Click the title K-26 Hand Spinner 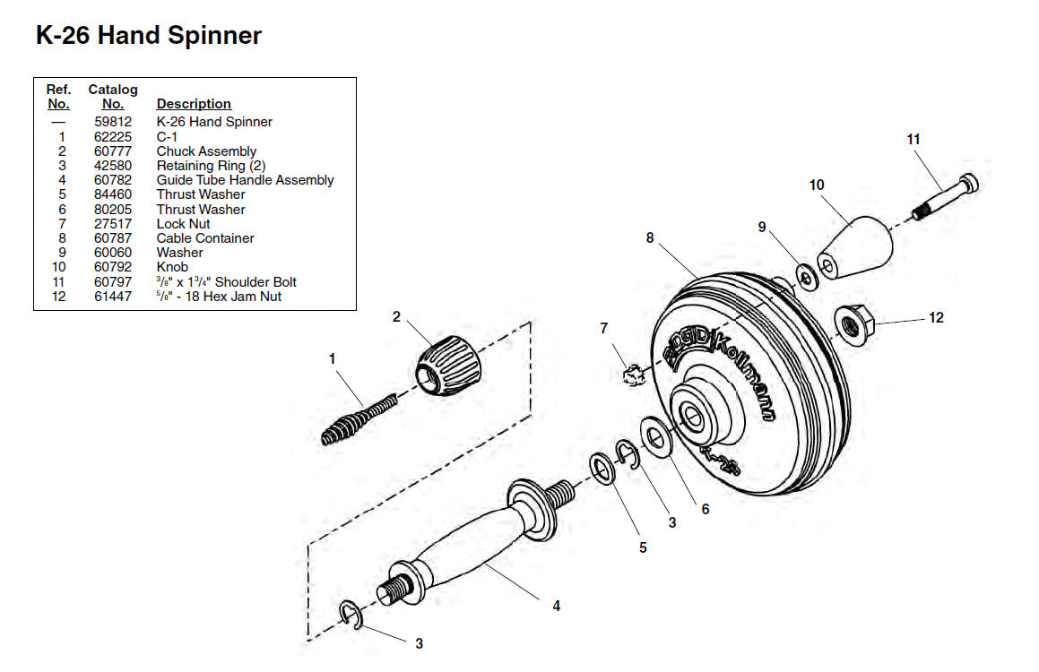(x=149, y=36)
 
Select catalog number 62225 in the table (x=112, y=136)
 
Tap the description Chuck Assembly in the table (x=206, y=151)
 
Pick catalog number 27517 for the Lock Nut (x=112, y=223)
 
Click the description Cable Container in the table (x=205, y=237)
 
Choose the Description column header (x=194, y=104)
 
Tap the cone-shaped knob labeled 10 (x=855, y=245)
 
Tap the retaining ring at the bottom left (x=351, y=616)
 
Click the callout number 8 (x=650, y=237)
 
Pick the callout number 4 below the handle (x=556, y=606)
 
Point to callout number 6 (x=706, y=508)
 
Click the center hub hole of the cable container (x=696, y=415)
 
